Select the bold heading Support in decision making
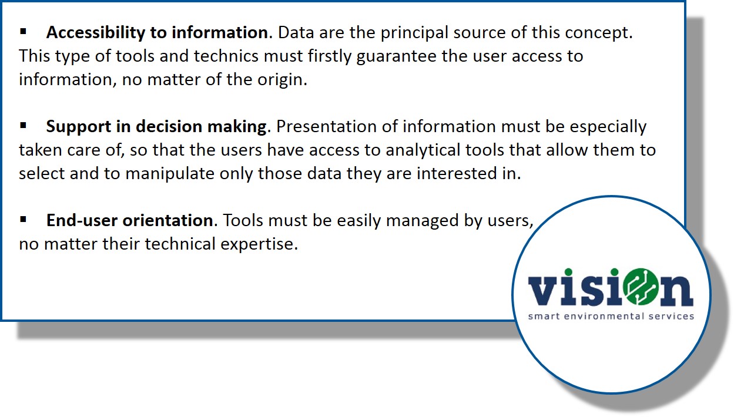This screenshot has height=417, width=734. [x=158, y=127]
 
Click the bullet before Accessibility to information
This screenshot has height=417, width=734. [x=23, y=32]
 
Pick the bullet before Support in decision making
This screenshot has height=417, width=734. [x=23, y=126]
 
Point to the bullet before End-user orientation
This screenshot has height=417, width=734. [x=23, y=219]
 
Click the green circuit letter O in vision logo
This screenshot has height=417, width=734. [x=641, y=287]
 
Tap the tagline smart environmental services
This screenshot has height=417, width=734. [x=611, y=316]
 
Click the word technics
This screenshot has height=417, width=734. [x=226, y=56]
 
